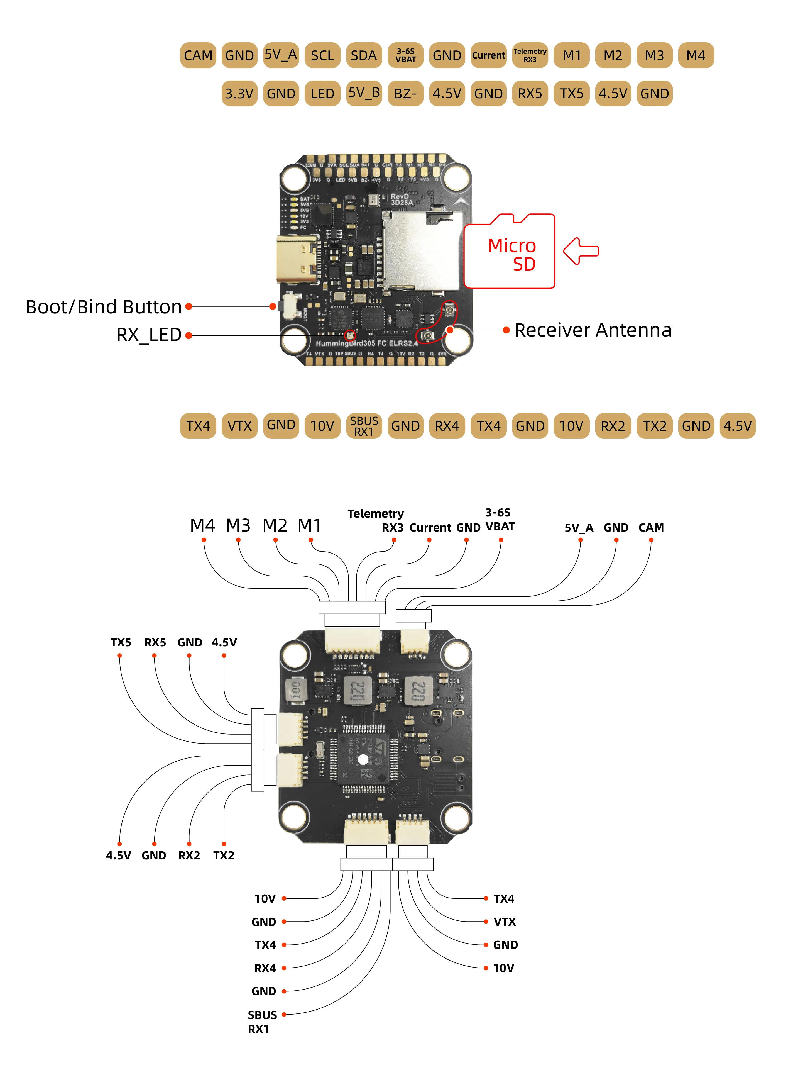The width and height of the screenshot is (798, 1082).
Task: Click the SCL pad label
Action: coord(322,55)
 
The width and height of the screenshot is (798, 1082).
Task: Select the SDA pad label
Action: coord(364,55)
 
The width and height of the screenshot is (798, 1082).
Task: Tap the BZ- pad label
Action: coord(405,93)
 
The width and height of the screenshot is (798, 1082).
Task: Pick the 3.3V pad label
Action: coord(239,93)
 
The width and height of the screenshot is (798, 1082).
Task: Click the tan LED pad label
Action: coord(322,93)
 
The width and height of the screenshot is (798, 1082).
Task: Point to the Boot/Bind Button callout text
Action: coord(103,307)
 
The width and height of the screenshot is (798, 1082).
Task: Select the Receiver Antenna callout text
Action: coord(593,330)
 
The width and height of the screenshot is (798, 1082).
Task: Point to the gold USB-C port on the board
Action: coord(296,260)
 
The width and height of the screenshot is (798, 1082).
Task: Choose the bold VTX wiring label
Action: coord(504,922)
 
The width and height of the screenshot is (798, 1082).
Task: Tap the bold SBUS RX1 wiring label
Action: coord(262,1022)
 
